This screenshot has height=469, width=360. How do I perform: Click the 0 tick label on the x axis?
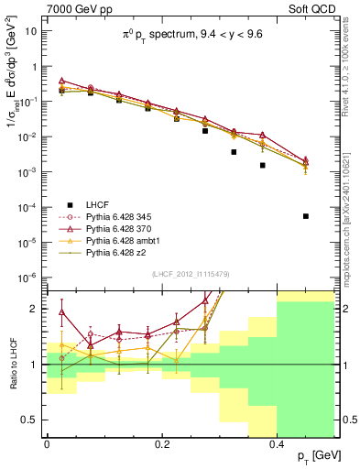coord(47,442)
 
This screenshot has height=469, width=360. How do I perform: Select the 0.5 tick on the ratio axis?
coord(32,419)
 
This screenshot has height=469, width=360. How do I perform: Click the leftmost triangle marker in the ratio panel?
coord(61,312)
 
